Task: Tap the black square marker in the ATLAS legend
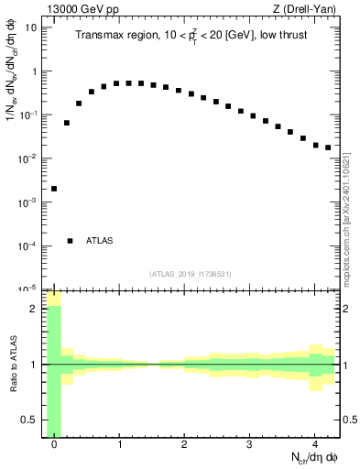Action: pyautogui.click(x=70, y=241)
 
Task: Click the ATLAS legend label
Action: pyautogui.click(x=99, y=241)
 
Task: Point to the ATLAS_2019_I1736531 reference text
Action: pyautogui.click(x=191, y=274)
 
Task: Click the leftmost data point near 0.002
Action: pyautogui.click(x=54, y=189)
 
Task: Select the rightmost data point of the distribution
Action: pyautogui.click(x=328, y=147)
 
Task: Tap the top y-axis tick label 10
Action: pyautogui.click(x=30, y=27)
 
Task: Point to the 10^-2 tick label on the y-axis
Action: pyautogui.click(x=28, y=158)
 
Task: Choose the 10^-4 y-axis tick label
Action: pyautogui.click(x=28, y=245)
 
